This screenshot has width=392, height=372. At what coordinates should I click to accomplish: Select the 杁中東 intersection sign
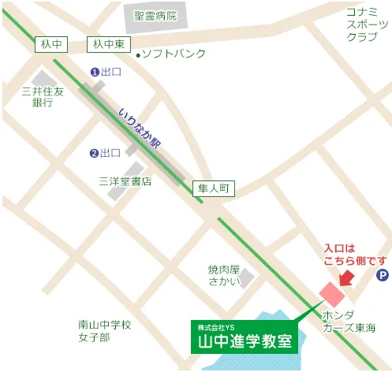(x=109, y=46)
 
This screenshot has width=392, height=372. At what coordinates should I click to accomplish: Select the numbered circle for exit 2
(x=94, y=153)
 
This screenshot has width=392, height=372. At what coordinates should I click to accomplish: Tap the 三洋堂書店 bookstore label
(x=125, y=181)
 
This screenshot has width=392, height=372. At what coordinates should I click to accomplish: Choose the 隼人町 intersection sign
(x=214, y=188)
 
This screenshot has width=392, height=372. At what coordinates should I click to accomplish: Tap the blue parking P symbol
(x=382, y=275)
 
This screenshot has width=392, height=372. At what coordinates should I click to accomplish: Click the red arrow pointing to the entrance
(x=345, y=277)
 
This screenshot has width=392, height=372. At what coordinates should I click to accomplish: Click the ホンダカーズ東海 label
(x=349, y=321)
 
